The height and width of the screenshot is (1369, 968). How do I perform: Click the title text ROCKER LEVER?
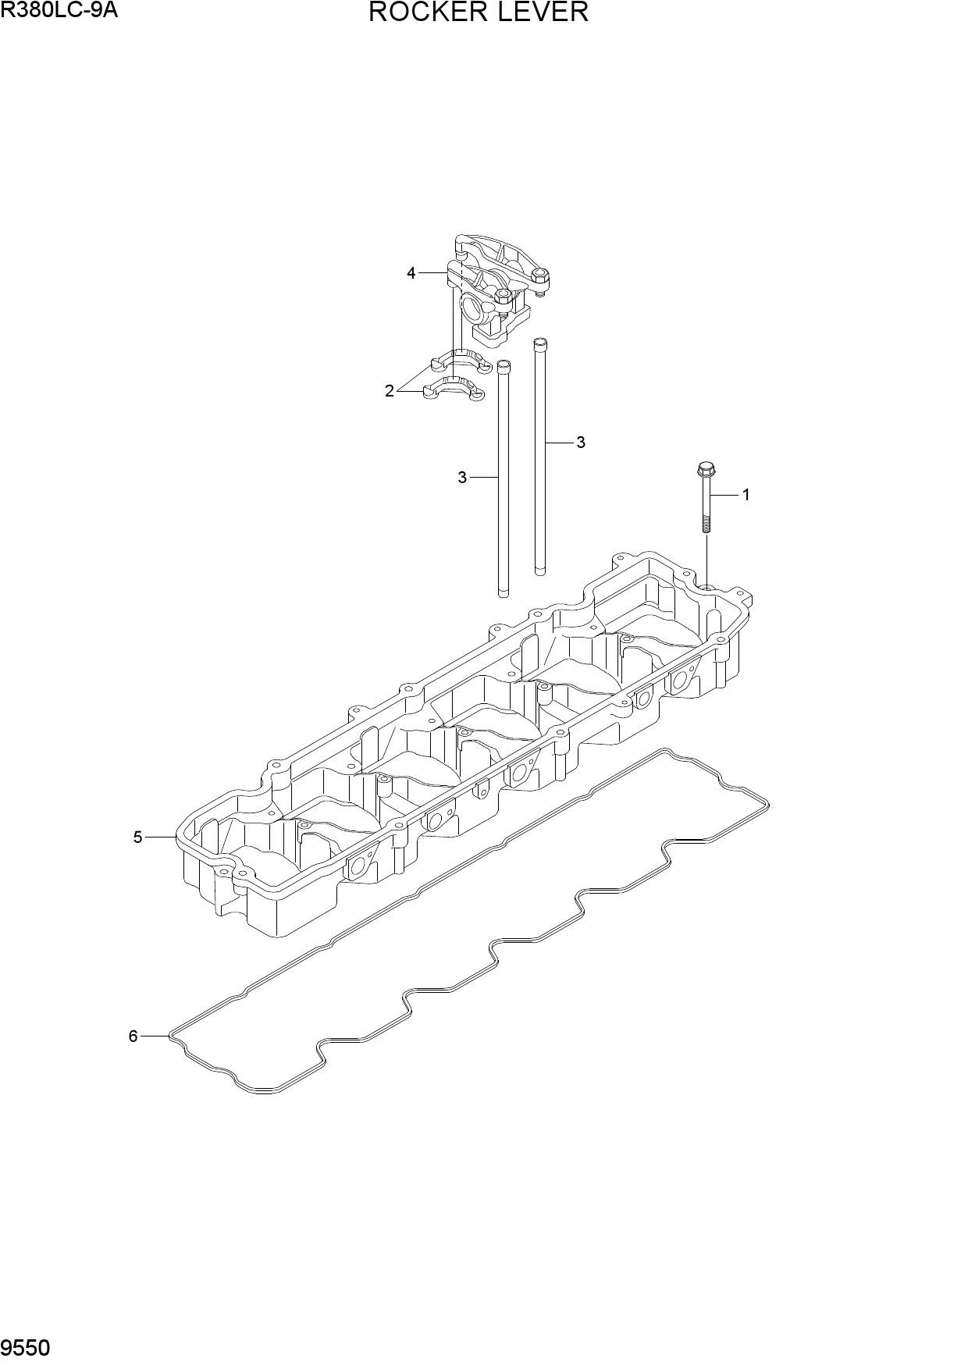(x=478, y=12)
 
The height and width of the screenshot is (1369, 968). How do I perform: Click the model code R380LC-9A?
(x=59, y=10)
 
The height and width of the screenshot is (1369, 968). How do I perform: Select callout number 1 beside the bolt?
(x=746, y=494)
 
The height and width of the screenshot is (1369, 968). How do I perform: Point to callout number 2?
(x=390, y=391)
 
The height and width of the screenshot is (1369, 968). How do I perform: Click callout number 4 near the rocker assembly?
(x=411, y=273)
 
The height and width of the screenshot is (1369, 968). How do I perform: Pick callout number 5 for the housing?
(x=137, y=837)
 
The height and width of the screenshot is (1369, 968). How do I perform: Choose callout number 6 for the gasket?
(x=133, y=1036)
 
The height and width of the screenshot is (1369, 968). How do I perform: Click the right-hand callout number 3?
(x=580, y=443)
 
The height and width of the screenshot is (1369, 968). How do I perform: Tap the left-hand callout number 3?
(x=462, y=477)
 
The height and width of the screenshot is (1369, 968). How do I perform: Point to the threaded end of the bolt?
(x=706, y=522)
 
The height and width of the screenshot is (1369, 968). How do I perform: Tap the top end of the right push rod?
(x=539, y=343)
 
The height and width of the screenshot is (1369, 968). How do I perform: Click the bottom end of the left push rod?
(x=504, y=593)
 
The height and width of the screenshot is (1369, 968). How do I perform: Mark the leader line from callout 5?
(x=162, y=837)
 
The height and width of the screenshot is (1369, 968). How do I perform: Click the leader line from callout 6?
(x=155, y=1036)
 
